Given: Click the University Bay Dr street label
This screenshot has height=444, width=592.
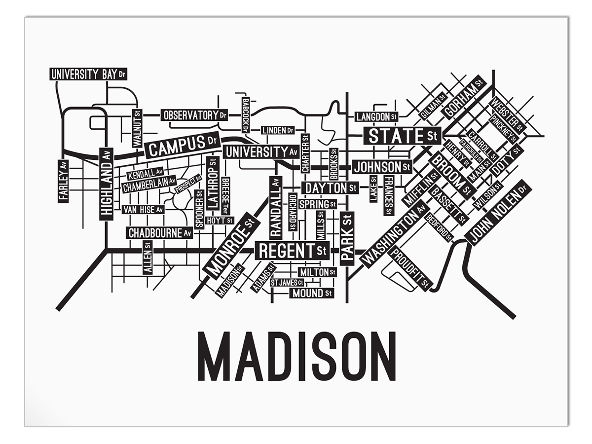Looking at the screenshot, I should [88, 74].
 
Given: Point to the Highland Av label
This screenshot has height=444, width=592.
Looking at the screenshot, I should [106, 184].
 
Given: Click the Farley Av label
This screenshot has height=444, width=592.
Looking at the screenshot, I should [63, 181].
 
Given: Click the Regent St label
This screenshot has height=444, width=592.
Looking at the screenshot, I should [293, 251].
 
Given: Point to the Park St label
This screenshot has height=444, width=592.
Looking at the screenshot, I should [347, 238].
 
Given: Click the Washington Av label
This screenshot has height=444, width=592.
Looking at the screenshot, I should [394, 234].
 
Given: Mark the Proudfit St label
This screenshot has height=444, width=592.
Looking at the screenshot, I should [410, 269].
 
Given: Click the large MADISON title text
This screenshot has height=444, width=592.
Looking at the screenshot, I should [296, 356].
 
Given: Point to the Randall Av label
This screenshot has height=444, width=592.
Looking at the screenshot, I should [276, 208].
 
